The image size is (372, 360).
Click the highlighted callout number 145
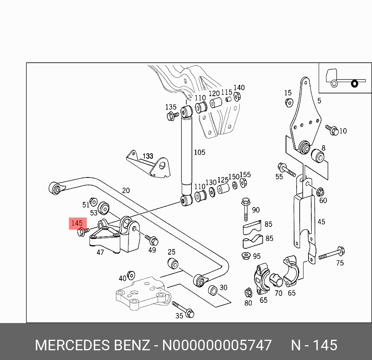click(x=77, y=223)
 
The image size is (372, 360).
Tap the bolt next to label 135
click(x=172, y=115)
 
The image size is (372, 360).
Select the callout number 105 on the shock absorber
click(x=199, y=152)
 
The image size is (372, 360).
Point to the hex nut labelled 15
click(x=288, y=103)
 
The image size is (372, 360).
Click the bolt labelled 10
click(x=332, y=130)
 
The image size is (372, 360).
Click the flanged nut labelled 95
click(x=246, y=256)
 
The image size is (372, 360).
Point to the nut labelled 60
click(x=320, y=191)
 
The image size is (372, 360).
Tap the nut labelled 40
click(x=131, y=276)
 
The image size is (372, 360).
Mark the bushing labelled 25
click(x=173, y=263)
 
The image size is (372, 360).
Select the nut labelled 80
click(x=248, y=292)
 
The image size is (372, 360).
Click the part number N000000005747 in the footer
click(x=216, y=345)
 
